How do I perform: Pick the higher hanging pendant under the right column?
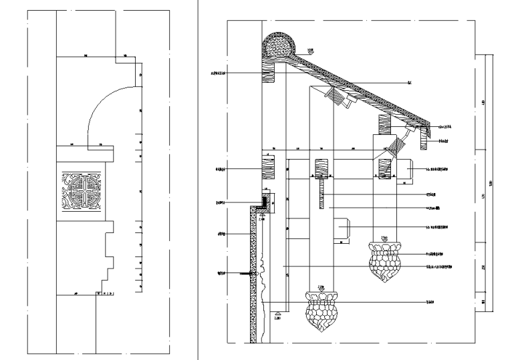(x=384, y=261)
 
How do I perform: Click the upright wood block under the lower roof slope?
(x=384, y=125)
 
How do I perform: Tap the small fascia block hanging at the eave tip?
(x=423, y=141)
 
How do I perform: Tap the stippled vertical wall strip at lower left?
(x=254, y=274)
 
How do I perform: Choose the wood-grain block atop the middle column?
(x=321, y=167)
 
